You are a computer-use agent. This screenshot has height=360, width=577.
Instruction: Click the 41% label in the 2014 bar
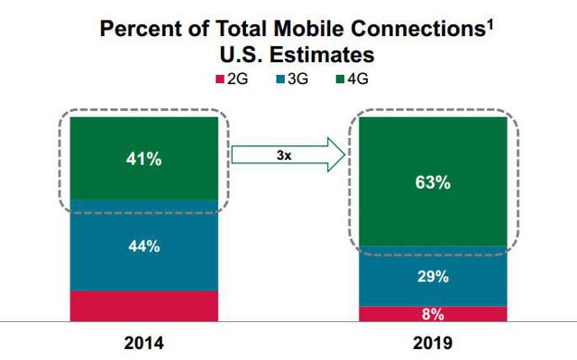point(143,160)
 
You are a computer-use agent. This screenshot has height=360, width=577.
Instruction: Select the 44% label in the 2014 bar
point(143,245)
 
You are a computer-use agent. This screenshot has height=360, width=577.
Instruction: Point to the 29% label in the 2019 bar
point(432,277)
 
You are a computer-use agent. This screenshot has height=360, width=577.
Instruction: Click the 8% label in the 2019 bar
point(432,314)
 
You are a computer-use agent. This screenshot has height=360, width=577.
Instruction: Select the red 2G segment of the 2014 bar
point(143,306)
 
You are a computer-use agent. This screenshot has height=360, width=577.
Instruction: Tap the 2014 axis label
point(143,344)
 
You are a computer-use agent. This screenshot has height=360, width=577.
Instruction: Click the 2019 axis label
point(432,344)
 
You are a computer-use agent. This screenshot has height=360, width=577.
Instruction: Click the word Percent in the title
point(137,28)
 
